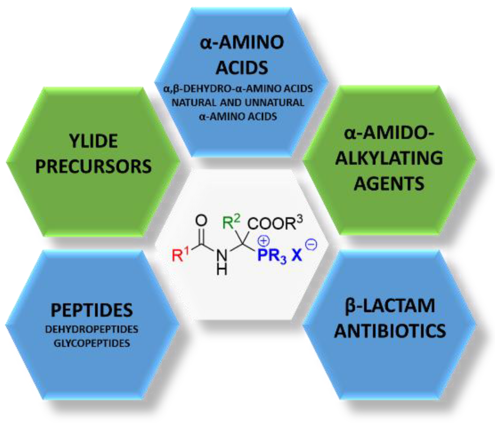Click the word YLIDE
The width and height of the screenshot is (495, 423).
(93, 141)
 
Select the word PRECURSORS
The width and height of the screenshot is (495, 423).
(93, 166)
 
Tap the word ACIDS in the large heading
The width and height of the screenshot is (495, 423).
(242, 68)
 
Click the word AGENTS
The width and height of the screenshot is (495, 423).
(389, 183)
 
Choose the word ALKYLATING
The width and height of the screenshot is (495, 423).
(389, 158)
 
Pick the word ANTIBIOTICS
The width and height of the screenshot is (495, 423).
(390, 331)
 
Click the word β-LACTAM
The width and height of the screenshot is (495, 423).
(390, 306)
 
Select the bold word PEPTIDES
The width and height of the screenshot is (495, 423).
(92, 310)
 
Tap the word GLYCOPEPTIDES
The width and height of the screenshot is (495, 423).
(92, 343)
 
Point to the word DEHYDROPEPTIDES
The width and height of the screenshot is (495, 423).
(92, 329)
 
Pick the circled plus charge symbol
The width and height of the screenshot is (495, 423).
(264, 241)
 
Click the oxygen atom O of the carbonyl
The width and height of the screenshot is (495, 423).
(201, 221)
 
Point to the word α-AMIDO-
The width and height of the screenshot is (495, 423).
(389, 133)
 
